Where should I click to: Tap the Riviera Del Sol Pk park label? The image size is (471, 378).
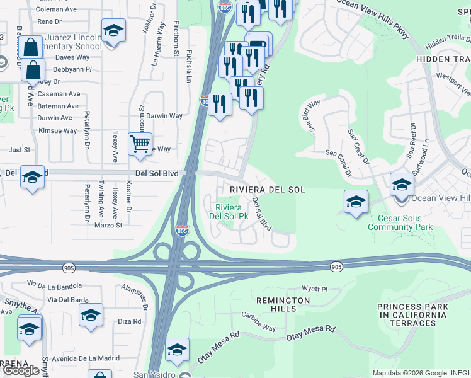[x=232, y=212]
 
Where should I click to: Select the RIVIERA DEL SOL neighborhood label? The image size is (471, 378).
[x=267, y=190]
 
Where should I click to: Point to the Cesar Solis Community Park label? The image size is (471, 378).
[x=400, y=222]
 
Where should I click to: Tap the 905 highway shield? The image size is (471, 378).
[x=336, y=267]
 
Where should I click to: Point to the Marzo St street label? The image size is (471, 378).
[x=110, y=225]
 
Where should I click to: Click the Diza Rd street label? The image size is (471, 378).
[x=129, y=321]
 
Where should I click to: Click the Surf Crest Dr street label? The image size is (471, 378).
[x=359, y=144]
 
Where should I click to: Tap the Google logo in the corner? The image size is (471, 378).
[x=22, y=370]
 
